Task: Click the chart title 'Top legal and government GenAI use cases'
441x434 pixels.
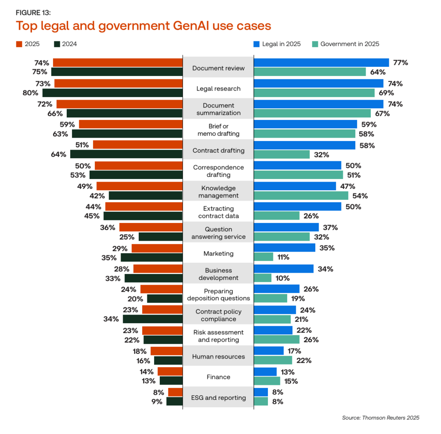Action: (x=143, y=26)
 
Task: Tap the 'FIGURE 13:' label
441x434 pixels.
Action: (x=33, y=13)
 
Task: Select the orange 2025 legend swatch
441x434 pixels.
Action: (x=19, y=44)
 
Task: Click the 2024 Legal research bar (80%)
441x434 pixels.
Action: (x=112, y=93)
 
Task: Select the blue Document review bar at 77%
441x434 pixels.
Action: (x=321, y=63)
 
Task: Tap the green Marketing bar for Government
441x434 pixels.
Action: (x=264, y=257)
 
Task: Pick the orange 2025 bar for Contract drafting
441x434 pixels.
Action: (x=138, y=145)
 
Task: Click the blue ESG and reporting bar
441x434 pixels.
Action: (x=261, y=392)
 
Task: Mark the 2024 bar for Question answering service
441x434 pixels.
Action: (x=161, y=237)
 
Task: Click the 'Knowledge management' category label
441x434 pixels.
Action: (x=218, y=192)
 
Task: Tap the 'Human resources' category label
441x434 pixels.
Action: (x=218, y=356)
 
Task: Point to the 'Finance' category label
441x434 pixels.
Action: (x=218, y=377)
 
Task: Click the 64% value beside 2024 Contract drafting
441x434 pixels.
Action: (x=59, y=154)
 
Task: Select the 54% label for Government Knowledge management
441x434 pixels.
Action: (x=360, y=196)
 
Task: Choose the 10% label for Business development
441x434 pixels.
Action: (x=283, y=278)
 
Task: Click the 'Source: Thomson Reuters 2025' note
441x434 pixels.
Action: (x=381, y=418)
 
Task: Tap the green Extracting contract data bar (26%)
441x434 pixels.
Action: (x=277, y=216)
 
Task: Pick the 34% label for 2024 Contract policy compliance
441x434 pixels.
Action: (x=111, y=319)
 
